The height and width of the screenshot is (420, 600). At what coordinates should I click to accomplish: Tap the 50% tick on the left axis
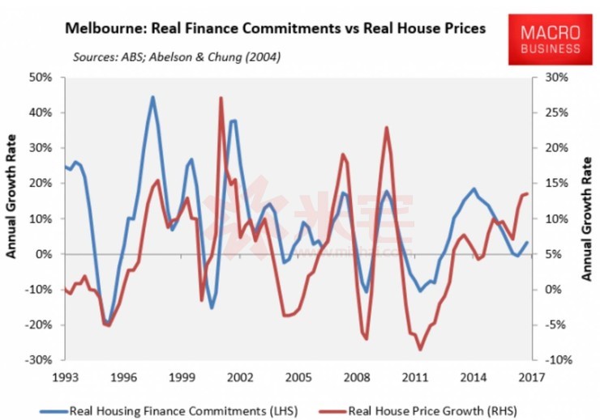point(41,78)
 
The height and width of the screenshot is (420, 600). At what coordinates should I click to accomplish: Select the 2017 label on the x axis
point(531,376)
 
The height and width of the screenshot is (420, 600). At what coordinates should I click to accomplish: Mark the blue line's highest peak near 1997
point(152,97)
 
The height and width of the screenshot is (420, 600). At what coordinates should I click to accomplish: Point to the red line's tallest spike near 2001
point(221,98)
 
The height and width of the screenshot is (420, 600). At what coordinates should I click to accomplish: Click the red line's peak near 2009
point(387,128)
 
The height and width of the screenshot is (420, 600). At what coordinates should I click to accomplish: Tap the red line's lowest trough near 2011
point(420,350)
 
